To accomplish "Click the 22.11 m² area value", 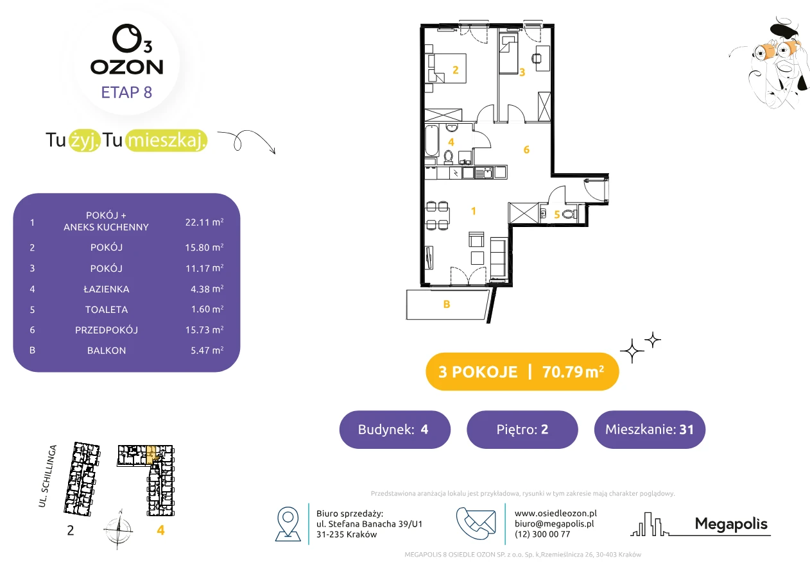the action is pyautogui.click(x=204, y=222).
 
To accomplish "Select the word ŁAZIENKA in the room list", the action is pyautogui.click(x=107, y=289).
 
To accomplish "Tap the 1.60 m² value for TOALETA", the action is pyautogui.click(x=207, y=309).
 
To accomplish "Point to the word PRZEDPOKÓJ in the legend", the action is pyautogui.click(x=107, y=330).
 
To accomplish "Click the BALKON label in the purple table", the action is pyautogui.click(x=107, y=351).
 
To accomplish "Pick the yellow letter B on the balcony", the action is pyautogui.click(x=447, y=304).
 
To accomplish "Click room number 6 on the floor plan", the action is pyautogui.click(x=526, y=149).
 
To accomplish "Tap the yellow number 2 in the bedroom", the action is pyautogui.click(x=456, y=70).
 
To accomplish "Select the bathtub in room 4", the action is pyautogui.click(x=432, y=141).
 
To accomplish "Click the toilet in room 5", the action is pyautogui.click(x=569, y=214).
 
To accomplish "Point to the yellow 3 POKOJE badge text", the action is pyautogui.click(x=478, y=372).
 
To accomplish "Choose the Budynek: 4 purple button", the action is pyautogui.click(x=395, y=429).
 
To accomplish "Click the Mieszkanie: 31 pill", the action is pyautogui.click(x=650, y=429).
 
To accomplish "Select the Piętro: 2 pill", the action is pyautogui.click(x=522, y=429).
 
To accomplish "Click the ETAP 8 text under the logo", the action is pyautogui.click(x=126, y=92).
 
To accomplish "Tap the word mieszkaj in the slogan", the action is pyautogui.click(x=167, y=140).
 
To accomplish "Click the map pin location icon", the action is pyautogui.click(x=288, y=523).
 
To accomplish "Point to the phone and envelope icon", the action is pyautogui.click(x=476, y=523).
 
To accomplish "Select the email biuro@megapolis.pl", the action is pyautogui.click(x=555, y=523).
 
